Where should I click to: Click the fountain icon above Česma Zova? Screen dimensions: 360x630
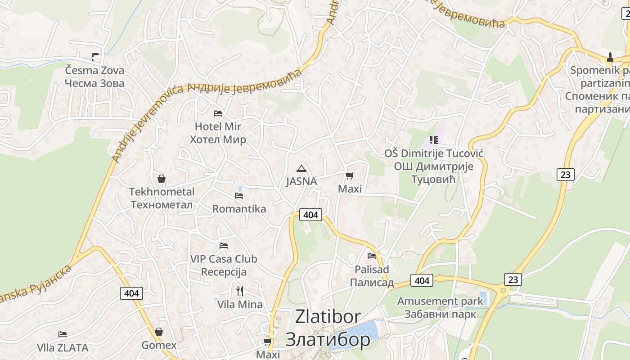coord(94,57)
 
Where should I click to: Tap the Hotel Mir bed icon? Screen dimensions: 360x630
coord(218,113)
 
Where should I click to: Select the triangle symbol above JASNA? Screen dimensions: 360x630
coord(301,169)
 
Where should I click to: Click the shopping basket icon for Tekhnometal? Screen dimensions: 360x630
coord(162,179)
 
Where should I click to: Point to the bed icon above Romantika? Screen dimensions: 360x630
coord(239,196)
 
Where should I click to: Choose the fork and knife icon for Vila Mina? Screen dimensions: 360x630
coord(240,291)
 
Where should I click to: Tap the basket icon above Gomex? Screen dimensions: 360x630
coord(159,332)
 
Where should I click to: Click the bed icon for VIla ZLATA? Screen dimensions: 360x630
coord(63,334)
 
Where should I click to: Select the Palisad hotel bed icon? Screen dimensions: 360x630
coord(372,256)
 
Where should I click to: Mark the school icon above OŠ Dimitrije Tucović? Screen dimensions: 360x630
coord(434,140)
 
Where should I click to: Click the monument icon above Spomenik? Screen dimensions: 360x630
coord(610,57)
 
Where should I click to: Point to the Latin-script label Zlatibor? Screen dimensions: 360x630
coord(328,317)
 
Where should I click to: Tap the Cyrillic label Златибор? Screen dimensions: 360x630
coord(328,339)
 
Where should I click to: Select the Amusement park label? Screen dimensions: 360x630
coord(440,301)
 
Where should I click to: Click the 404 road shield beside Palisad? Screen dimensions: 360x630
coord(422,281)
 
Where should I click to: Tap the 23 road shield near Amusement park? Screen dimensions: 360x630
coord(513,279)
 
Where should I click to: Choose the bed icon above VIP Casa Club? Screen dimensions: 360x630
coord(224,246)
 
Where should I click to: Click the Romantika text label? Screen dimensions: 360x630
coord(239,209)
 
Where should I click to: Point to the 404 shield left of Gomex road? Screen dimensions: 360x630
coord(132,293)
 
